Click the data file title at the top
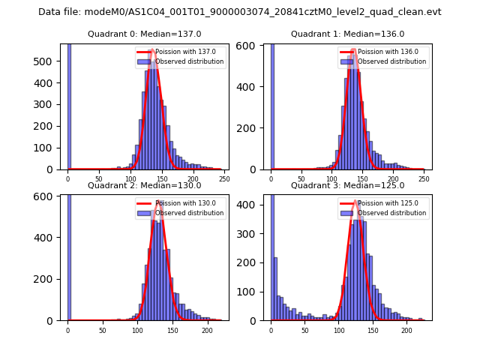pyautogui.click(x=239, y=12)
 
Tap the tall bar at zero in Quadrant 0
pyautogui.click(x=68, y=105)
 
